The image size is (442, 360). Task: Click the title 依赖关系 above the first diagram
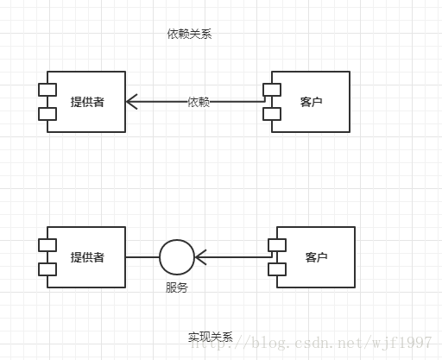point(189,35)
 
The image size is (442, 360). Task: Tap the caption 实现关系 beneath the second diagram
point(211,337)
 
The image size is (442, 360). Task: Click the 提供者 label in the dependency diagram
point(87,102)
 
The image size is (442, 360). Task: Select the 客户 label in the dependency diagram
point(311,102)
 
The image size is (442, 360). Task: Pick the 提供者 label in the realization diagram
point(87,257)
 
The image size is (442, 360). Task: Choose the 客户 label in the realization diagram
point(316,257)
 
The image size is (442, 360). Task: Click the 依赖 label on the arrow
point(199,102)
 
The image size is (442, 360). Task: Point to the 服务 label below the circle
point(177,287)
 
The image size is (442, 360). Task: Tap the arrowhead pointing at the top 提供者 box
point(131,102)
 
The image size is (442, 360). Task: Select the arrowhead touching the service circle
point(200,257)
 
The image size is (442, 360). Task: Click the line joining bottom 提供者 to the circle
point(142,257)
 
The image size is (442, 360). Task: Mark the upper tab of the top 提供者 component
point(47,90)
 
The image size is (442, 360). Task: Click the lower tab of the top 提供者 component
point(47,114)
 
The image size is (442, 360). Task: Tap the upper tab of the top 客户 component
point(272,90)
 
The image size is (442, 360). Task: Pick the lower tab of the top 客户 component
point(272,114)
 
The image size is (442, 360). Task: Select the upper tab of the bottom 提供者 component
point(47,245)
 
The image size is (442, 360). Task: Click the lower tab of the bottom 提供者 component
point(47,269)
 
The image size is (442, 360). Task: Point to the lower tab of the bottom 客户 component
point(277,269)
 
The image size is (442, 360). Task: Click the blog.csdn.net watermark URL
point(311,343)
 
